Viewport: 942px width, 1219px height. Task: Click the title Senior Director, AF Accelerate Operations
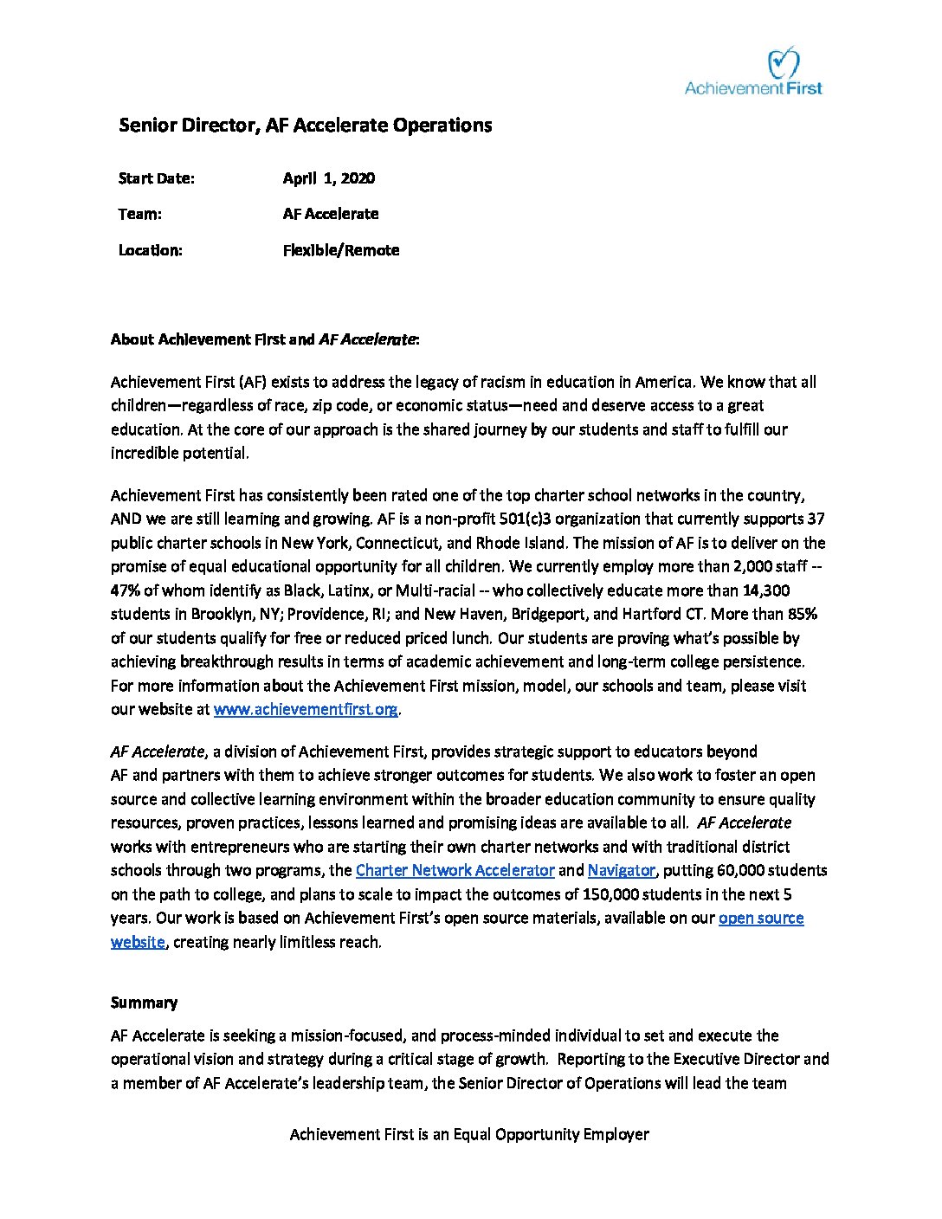click(305, 126)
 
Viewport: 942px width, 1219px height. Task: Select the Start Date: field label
click(156, 178)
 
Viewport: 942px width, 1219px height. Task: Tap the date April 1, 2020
click(328, 178)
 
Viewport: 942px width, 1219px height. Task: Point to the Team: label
click(139, 214)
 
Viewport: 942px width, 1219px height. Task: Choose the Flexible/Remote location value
click(340, 250)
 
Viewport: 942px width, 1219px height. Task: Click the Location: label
click(150, 250)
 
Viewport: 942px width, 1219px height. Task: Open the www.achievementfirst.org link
click(306, 710)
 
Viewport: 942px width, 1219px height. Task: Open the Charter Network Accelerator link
click(455, 870)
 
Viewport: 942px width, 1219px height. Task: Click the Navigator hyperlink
click(621, 870)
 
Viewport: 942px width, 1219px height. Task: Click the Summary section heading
click(144, 1003)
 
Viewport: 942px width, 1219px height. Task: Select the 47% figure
click(126, 590)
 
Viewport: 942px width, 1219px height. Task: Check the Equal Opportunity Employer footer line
click(469, 1134)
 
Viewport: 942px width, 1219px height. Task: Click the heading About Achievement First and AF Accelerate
click(265, 339)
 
